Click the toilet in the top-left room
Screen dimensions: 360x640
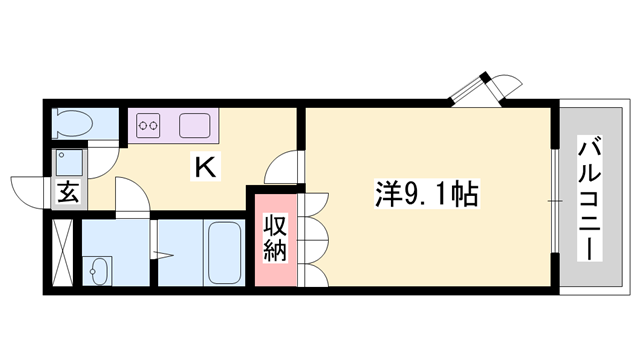click(71, 124)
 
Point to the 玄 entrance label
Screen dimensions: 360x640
click(67, 192)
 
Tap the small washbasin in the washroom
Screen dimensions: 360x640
click(97, 269)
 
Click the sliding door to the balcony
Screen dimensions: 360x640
click(553, 200)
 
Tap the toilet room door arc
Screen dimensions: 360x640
click(107, 151)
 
